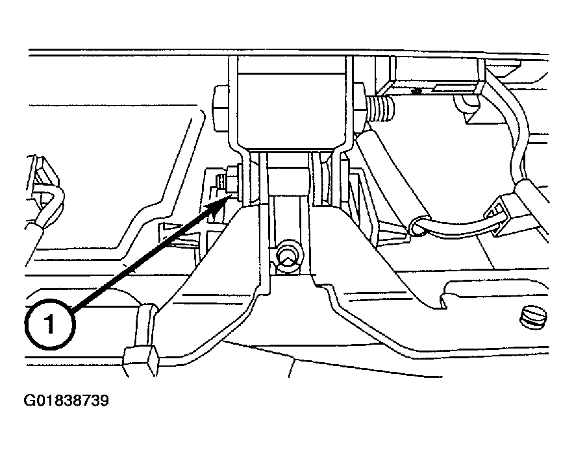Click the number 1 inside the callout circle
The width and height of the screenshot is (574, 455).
click(49, 324)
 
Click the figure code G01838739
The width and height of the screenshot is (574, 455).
click(66, 400)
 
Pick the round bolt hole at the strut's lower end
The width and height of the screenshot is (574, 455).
click(288, 256)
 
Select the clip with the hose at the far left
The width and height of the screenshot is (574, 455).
click(44, 194)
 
